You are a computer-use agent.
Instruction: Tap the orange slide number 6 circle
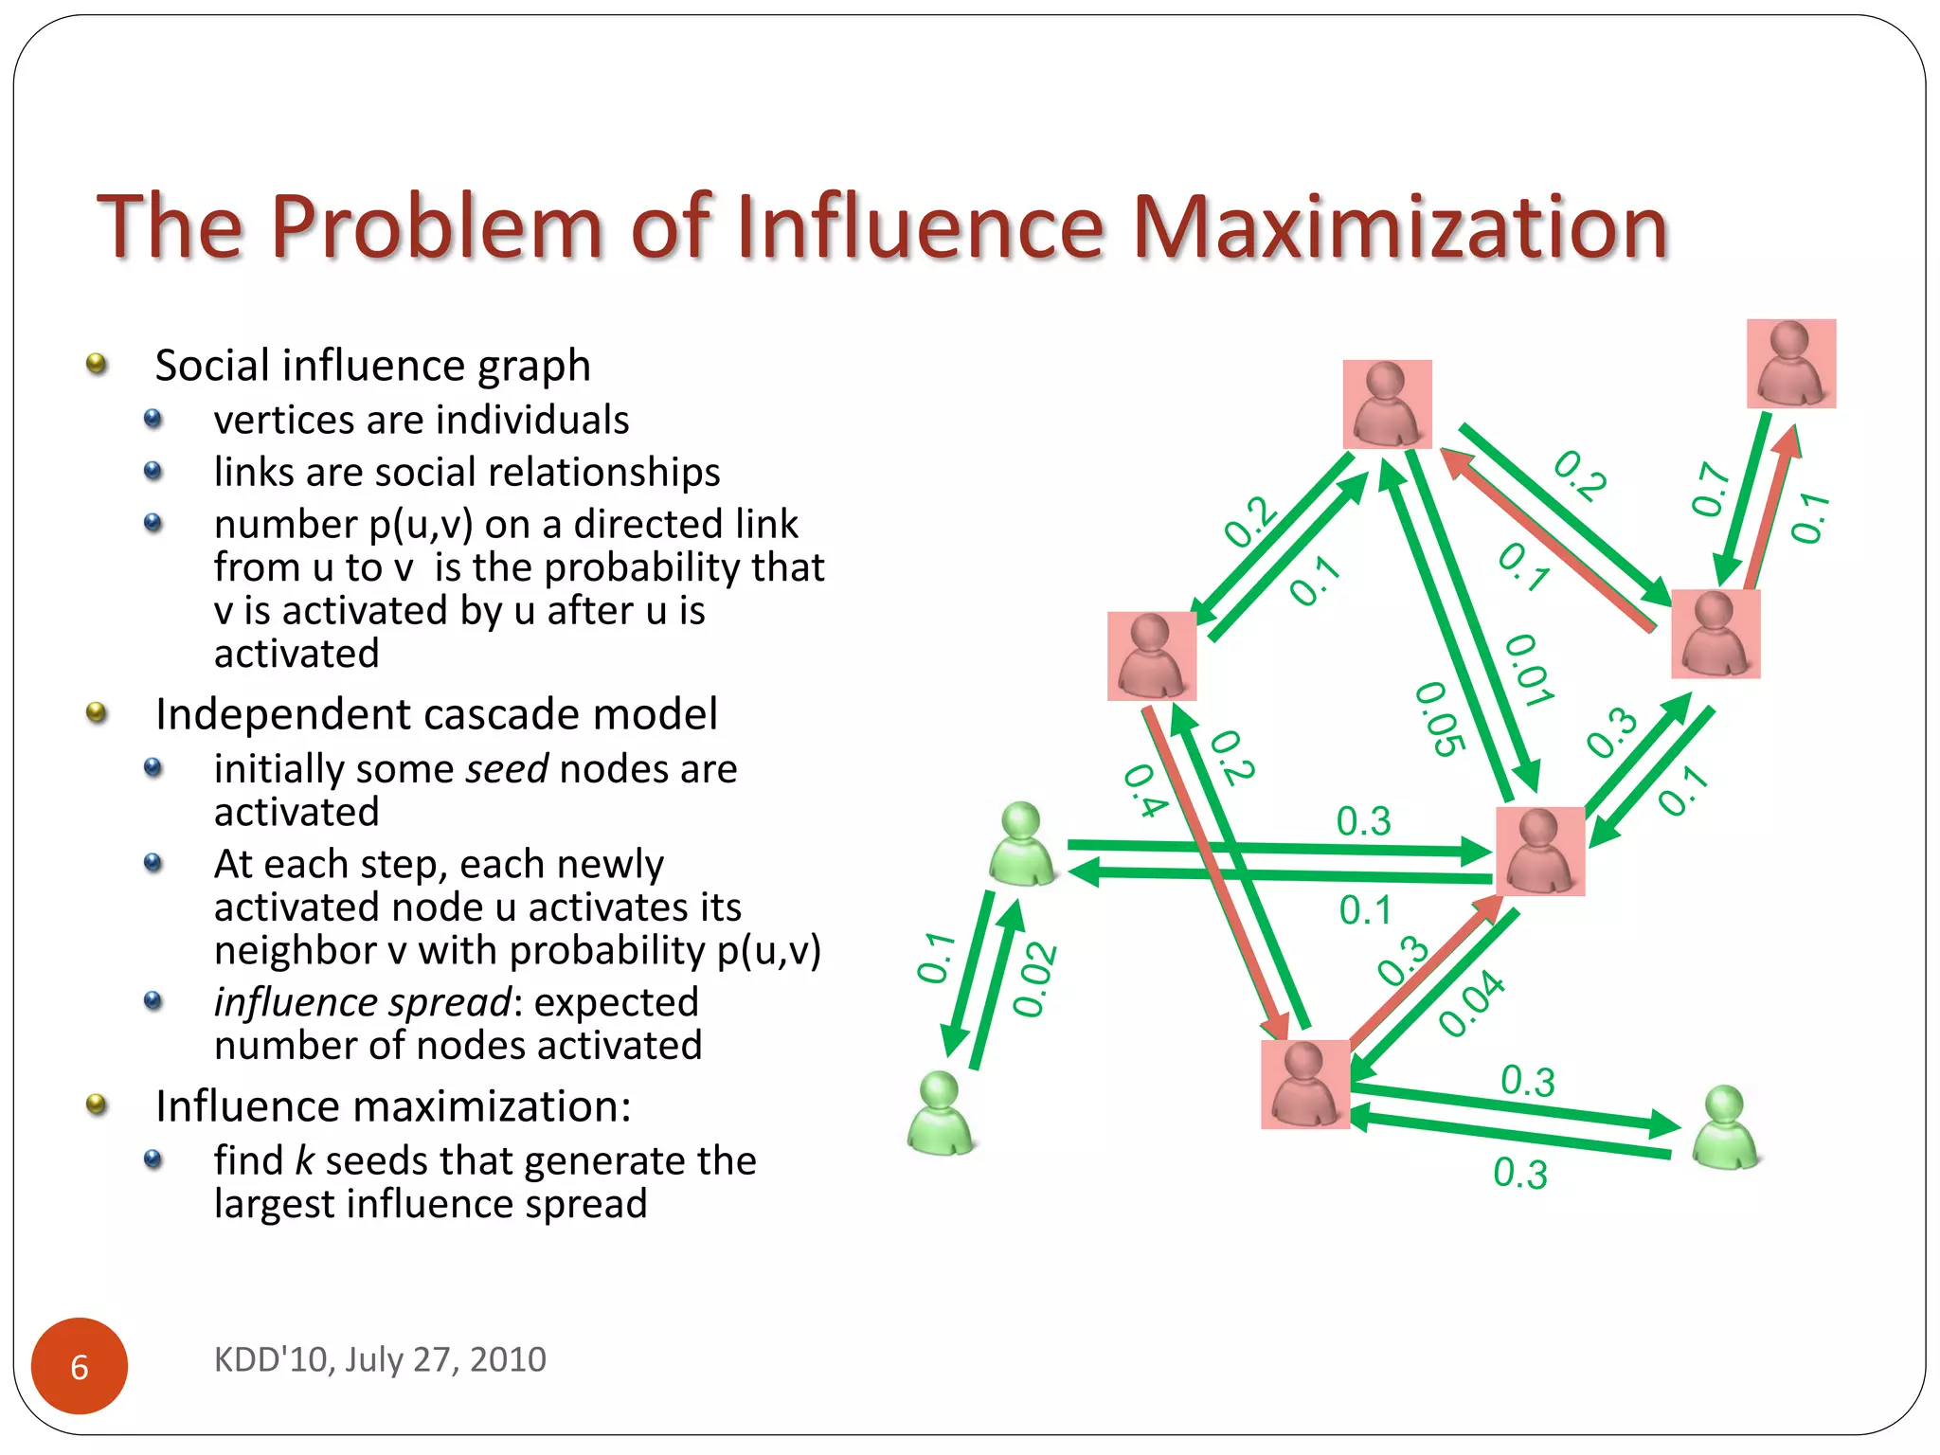pyautogui.click(x=80, y=1366)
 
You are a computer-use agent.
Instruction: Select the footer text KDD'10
pyautogui.click(x=273, y=1359)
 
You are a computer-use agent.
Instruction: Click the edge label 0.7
pyautogui.click(x=1711, y=490)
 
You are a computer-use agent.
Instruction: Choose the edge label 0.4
pyautogui.click(x=1145, y=790)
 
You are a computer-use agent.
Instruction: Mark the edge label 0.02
pyautogui.click(x=1034, y=979)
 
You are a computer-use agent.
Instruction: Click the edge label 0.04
pyautogui.click(x=1471, y=1004)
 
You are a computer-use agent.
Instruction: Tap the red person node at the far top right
pyautogui.click(x=1791, y=364)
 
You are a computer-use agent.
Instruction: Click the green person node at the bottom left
pyautogui.click(x=941, y=1114)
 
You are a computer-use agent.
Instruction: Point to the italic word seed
pyautogui.click(x=507, y=768)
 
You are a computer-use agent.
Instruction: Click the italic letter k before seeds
pyautogui.click(x=304, y=1160)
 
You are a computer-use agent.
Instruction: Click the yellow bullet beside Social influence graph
pyautogui.click(x=96, y=364)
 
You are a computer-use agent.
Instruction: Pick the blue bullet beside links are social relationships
pyautogui.click(x=153, y=471)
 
